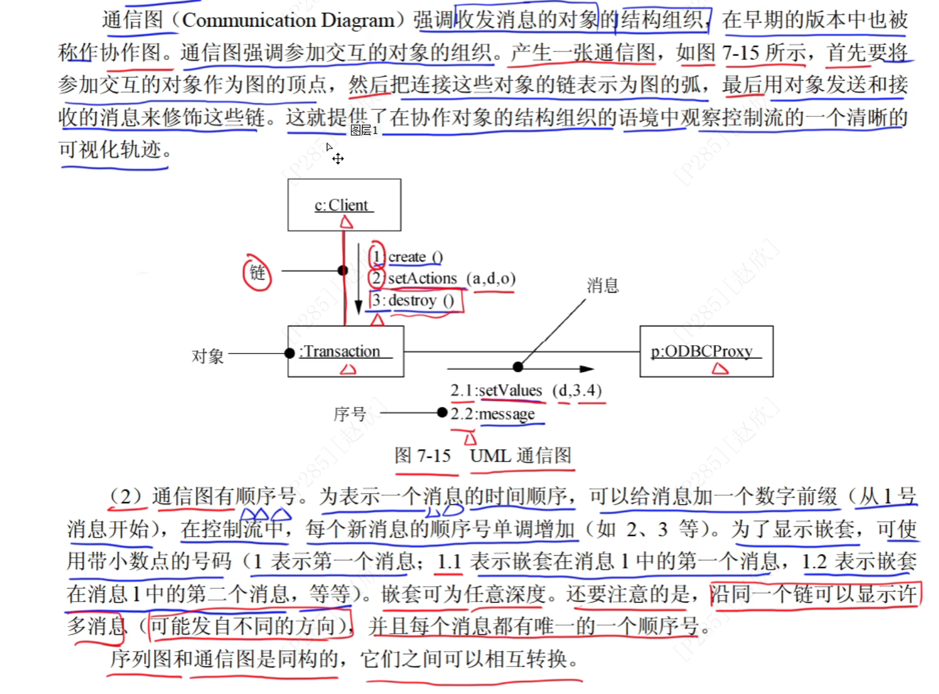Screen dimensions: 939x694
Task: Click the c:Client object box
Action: pos(344,205)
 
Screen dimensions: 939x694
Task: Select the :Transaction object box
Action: pos(345,351)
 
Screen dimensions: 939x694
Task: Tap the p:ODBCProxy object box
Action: pos(706,351)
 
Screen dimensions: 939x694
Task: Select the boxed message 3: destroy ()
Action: pos(415,300)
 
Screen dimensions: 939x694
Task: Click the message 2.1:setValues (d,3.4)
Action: pos(526,391)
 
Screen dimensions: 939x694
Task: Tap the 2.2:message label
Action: pos(492,414)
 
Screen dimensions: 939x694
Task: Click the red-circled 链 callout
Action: pos(257,272)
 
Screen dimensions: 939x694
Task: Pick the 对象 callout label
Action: pos(207,356)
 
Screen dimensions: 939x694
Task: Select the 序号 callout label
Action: pos(350,414)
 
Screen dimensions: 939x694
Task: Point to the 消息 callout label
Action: pos(603,286)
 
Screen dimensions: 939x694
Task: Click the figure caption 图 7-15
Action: pos(422,456)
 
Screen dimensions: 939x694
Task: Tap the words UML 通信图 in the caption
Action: pos(521,456)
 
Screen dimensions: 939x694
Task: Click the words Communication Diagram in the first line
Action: pos(288,20)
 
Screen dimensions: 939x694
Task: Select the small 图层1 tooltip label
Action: pos(364,130)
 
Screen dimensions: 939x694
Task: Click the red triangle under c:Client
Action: pos(347,222)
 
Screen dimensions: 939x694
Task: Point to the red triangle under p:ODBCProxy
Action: pos(720,368)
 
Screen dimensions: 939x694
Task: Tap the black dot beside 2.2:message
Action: pos(442,412)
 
